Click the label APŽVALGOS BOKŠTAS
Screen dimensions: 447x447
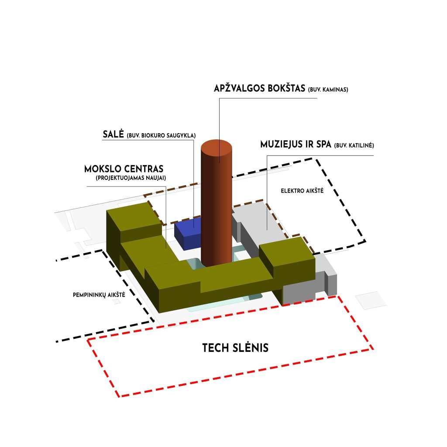[x=259, y=88]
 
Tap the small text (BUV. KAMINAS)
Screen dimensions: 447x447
[x=328, y=89]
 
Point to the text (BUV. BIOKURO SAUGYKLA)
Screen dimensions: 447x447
[x=161, y=135]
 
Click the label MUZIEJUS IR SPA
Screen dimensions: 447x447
[x=296, y=144]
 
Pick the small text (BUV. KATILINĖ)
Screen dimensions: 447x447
[x=354, y=145]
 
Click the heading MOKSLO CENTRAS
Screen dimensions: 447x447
[x=124, y=169]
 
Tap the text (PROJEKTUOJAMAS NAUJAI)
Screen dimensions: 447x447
[x=131, y=178]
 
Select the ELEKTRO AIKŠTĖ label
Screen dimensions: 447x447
[x=302, y=191]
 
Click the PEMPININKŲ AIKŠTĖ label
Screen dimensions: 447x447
[x=99, y=295]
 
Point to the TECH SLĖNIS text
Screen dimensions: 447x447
[x=235, y=348]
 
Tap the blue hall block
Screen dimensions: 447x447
[x=188, y=234]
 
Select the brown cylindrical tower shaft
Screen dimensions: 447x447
[x=217, y=208]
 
